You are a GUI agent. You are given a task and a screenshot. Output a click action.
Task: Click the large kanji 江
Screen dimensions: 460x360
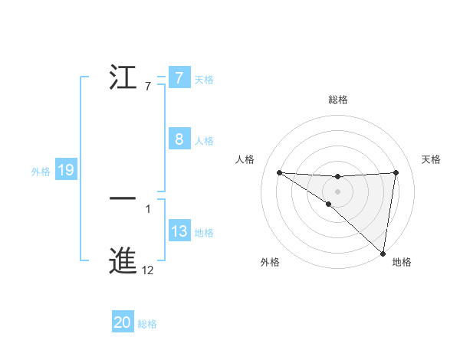123,77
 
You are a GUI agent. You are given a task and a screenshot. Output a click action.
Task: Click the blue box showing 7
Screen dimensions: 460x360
179,78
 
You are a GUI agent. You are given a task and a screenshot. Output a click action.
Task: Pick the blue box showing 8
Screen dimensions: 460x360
179,139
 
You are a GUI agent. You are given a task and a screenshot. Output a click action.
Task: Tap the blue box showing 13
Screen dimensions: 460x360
179,231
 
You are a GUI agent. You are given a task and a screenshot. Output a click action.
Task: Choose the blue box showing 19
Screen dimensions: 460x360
66,170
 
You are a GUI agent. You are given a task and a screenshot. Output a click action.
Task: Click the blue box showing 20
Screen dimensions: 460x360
123,323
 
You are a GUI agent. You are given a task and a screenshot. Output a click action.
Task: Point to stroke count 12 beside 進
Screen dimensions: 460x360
148,270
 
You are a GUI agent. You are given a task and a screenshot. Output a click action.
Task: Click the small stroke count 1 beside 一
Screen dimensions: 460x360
148,208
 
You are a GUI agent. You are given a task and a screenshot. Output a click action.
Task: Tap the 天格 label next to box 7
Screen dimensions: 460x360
204,79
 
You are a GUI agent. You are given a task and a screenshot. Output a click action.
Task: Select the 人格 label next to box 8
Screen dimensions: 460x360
204,140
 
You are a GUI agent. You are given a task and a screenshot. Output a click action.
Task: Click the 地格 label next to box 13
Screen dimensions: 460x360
204,232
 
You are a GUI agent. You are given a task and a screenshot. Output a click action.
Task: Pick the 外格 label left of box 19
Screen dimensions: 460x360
41,172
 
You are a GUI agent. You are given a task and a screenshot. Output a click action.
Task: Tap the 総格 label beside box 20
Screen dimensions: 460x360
147,324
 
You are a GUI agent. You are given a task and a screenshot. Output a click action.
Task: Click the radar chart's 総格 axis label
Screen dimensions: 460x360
338,100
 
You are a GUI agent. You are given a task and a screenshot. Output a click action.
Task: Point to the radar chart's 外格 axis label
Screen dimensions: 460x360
269,262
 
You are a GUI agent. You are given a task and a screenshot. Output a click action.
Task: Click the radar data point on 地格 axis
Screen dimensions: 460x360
383,254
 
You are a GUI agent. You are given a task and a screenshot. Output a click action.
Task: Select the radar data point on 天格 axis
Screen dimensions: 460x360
396,172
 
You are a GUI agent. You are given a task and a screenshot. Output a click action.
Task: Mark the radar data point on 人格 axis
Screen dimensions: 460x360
279,172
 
